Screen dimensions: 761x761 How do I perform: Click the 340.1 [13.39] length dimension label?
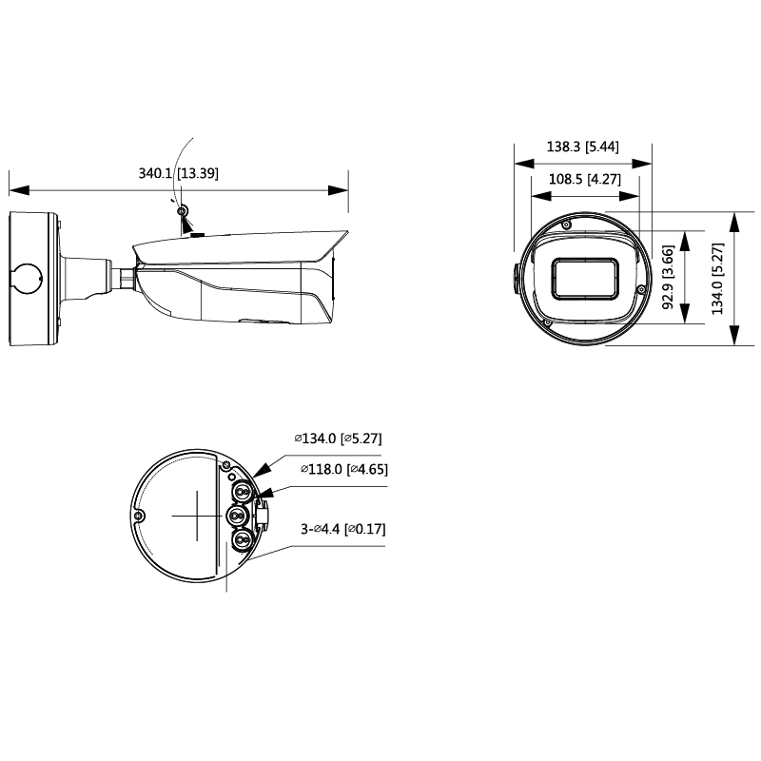(x=178, y=173)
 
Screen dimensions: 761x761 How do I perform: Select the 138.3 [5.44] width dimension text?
(x=582, y=146)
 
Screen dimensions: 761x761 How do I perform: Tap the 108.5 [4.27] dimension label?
(x=584, y=179)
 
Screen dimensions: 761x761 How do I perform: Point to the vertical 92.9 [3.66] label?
(x=669, y=277)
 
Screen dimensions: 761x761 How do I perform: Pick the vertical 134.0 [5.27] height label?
(x=717, y=279)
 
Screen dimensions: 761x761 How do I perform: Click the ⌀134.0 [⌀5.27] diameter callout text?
(x=338, y=439)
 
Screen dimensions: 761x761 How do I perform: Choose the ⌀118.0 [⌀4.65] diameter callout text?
(x=344, y=469)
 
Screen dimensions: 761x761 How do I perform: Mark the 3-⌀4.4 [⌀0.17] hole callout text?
(x=343, y=529)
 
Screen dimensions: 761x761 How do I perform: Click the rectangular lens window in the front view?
(x=585, y=279)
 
